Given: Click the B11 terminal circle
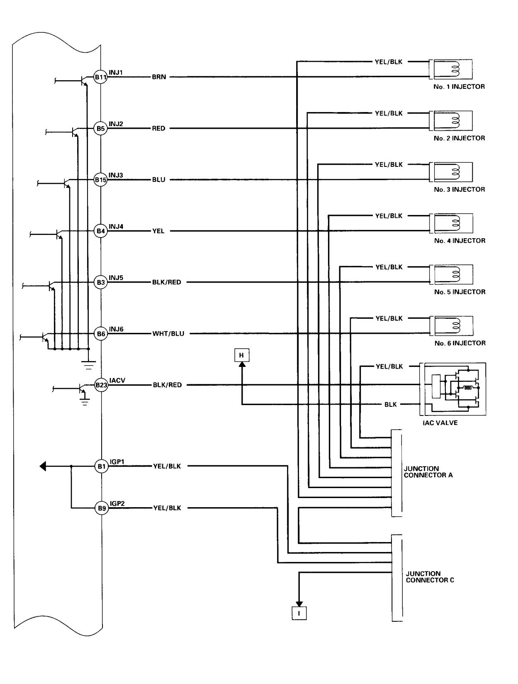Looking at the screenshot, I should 101,77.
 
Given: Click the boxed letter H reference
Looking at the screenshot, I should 241,355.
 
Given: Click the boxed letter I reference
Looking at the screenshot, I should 299,613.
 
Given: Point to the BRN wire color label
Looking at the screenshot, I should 159,77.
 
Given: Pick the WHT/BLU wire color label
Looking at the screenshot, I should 168,334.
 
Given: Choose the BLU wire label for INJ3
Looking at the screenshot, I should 158,180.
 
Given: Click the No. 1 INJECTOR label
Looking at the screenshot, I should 459,87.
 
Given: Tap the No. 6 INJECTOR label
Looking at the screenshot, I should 460,343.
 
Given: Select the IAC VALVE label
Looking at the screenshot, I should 440,423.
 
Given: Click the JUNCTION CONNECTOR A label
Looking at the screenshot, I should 428,472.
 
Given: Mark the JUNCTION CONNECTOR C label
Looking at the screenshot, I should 430,577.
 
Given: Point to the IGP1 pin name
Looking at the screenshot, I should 117,462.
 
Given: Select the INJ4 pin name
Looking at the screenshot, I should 116,227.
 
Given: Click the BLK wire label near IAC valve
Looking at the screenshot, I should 390,405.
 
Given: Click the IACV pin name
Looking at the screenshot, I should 117,380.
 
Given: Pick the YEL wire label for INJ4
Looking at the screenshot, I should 158,231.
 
